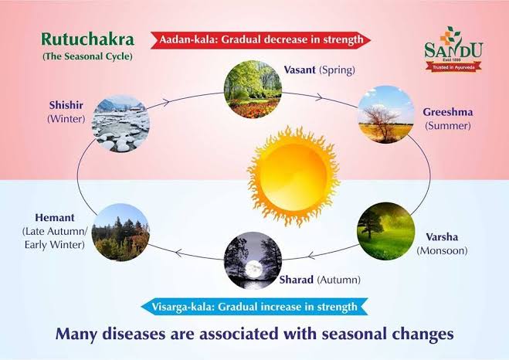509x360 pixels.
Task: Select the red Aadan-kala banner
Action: (260, 39)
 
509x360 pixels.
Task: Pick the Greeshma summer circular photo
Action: (386, 116)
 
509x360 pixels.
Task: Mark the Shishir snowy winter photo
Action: (120, 122)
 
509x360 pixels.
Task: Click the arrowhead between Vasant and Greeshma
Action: (319, 97)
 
